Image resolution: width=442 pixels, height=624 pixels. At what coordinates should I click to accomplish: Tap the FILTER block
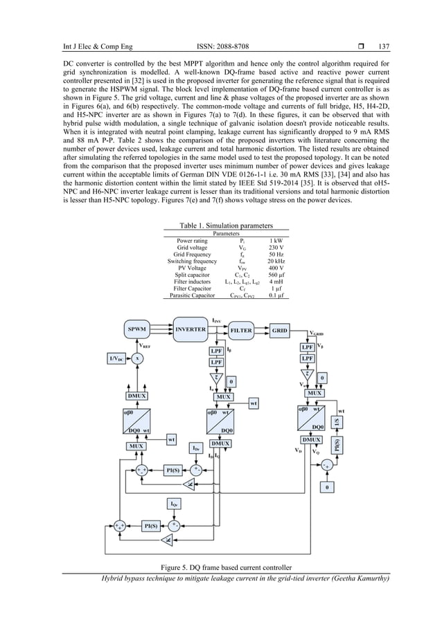click(x=240, y=331)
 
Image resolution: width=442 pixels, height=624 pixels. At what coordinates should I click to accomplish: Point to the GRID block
click(x=281, y=331)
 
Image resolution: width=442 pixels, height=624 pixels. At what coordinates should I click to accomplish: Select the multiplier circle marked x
click(x=138, y=359)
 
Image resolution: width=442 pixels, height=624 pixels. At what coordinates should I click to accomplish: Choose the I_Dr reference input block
click(x=197, y=449)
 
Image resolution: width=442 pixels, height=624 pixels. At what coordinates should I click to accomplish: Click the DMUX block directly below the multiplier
click(x=138, y=395)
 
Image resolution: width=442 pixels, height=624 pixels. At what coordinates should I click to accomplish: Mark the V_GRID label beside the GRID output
click(x=319, y=332)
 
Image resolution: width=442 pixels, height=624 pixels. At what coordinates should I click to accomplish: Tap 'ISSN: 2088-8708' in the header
click(x=220, y=26)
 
